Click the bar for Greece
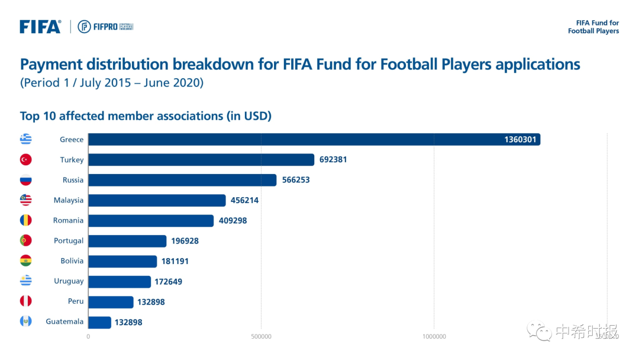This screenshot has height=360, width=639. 314,140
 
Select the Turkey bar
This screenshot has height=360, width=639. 201,160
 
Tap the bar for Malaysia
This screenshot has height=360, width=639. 157,200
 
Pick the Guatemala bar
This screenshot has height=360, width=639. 99,322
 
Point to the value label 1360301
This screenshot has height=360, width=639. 520,140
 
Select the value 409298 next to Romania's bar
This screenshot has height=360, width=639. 233,220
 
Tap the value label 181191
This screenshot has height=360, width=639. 176,261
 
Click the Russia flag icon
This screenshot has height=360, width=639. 25,180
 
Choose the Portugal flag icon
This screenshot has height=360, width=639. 25,240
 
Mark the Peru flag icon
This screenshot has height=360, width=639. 25,301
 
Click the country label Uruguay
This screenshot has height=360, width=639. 69,281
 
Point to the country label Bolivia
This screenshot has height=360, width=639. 72,261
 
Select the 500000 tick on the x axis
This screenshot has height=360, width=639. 261,336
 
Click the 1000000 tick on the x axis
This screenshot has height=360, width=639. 434,336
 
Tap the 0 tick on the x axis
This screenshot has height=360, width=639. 88,336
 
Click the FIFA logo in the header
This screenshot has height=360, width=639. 40,27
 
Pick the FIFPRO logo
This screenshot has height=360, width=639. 105,27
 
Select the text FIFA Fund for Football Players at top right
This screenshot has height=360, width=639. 593,27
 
